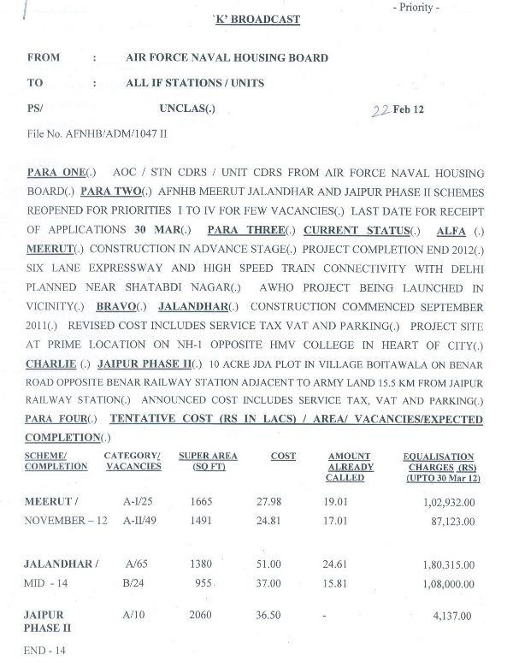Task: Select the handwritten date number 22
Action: point(380,109)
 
